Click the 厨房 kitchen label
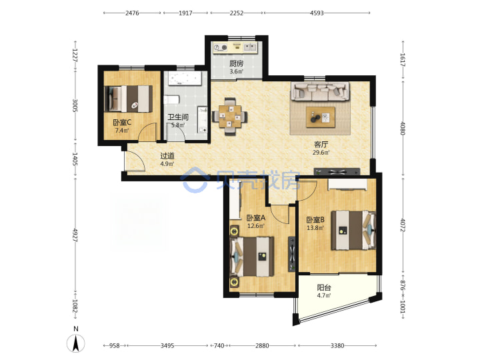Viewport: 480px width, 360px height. (236, 63)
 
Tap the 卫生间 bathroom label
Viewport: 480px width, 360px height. (178, 117)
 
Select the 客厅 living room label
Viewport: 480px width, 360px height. (321, 144)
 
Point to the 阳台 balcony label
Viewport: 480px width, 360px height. (324, 287)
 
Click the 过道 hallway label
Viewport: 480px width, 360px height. (167, 155)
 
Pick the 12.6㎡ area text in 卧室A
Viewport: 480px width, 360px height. (255, 226)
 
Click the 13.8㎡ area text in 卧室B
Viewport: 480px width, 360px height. (315, 228)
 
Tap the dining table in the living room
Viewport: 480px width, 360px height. (230, 117)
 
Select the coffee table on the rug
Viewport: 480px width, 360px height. (321, 117)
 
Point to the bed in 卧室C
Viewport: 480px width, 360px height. (129, 99)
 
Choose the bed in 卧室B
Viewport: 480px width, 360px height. (353, 230)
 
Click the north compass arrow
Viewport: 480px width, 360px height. (76, 343)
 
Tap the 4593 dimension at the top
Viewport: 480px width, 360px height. (317, 13)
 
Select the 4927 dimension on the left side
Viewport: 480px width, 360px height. (75, 235)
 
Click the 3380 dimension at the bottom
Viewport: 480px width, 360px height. (337, 345)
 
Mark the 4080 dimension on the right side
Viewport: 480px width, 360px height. (403, 129)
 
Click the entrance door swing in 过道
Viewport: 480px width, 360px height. (135, 161)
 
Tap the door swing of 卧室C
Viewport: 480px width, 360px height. (147, 132)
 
